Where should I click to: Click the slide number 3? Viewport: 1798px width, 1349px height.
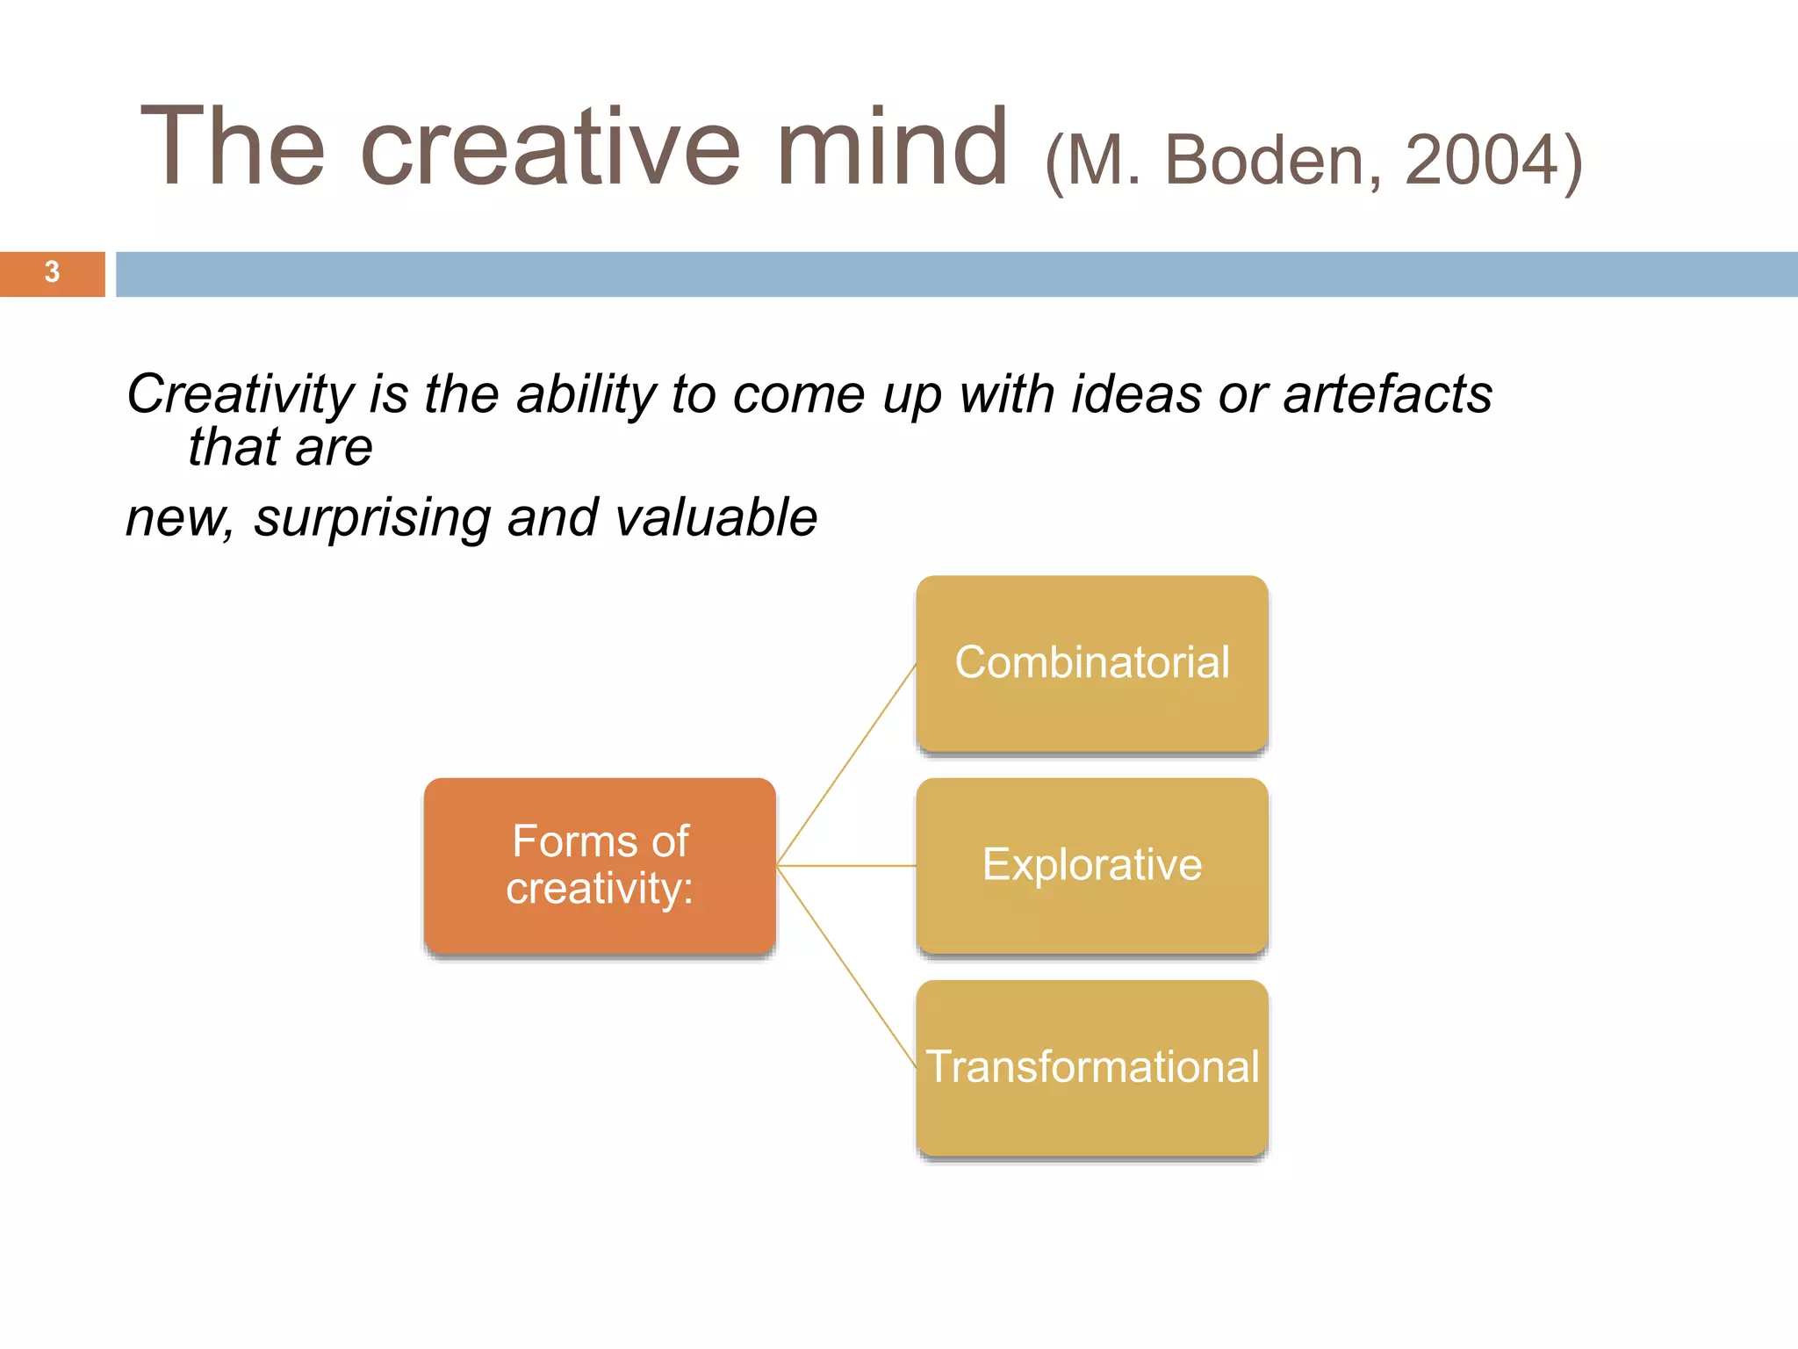click(52, 273)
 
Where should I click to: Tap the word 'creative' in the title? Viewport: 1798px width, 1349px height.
click(550, 148)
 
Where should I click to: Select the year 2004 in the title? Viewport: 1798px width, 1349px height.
click(1480, 161)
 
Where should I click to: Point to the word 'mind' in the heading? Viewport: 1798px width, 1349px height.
click(892, 148)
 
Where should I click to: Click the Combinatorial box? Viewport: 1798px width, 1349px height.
click(1091, 664)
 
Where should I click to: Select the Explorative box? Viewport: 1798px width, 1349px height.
click(1091, 866)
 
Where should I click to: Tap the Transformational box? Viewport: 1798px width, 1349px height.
click(1091, 1068)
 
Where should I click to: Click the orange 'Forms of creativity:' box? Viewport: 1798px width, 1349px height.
click(600, 866)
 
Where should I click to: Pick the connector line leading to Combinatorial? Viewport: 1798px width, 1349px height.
click(847, 763)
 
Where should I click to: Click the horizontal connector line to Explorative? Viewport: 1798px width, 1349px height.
click(847, 866)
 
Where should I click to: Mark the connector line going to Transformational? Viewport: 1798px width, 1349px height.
click(847, 967)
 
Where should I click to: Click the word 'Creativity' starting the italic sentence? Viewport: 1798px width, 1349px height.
click(240, 395)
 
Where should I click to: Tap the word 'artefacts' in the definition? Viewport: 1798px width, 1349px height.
click(1387, 395)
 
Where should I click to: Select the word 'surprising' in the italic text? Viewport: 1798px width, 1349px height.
click(372, 518)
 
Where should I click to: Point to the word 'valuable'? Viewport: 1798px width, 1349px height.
click(716, 518)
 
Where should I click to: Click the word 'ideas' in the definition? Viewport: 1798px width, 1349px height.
click(1136, 395)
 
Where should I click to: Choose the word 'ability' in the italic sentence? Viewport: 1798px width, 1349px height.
click(586, 395)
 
